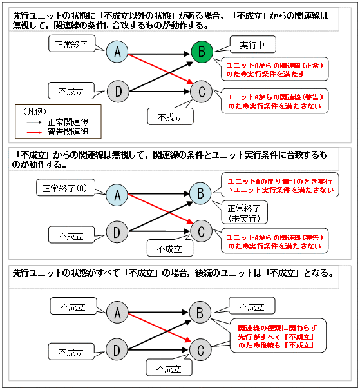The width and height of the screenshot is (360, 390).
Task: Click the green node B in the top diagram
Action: (x=202, y=52)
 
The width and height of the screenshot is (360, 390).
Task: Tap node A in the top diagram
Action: (x=117, y=52)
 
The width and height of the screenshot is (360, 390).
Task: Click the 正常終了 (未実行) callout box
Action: (x=239, y=213)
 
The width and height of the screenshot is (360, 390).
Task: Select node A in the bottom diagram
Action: (x=117, y=313)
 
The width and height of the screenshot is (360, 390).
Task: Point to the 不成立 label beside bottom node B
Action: (x=251, y=307)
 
